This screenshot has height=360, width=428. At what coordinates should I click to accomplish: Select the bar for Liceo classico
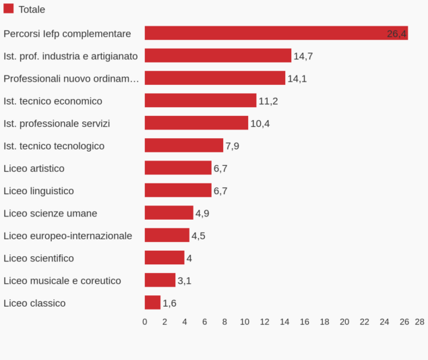pos(152,303)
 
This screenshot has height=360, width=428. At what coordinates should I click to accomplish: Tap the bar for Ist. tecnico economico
pos(200,100)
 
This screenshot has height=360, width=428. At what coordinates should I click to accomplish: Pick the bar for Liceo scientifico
pos(164,258)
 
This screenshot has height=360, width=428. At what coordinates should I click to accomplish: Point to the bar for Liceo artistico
pos(178,168)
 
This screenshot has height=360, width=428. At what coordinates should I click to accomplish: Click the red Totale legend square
pos(9,9)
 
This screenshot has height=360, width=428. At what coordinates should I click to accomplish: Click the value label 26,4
pos(396,34)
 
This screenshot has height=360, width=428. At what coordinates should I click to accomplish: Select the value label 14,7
pos(303,56)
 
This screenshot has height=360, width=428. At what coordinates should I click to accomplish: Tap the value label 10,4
pos(259,123)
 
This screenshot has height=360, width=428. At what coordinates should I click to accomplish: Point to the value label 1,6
pos(169,303)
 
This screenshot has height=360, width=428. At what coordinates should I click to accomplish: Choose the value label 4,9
pos(202,213)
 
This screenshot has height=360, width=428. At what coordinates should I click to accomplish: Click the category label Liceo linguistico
pos(38,191)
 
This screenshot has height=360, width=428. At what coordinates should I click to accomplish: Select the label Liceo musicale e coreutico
pos(62,280)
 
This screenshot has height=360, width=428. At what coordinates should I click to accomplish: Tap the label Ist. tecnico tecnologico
pos(54,146)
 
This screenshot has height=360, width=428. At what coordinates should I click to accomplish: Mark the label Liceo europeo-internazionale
pos(67,235)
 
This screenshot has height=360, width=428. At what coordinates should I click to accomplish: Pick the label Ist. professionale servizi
pos(57,123)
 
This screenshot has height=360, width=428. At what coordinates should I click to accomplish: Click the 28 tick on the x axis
pos(419,322)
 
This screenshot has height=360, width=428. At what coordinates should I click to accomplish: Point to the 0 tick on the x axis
pos(145,322)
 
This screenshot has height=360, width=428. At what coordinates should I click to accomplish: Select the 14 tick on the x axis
pos(284,322)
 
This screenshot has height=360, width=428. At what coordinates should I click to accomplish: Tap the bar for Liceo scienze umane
pos(169,213)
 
